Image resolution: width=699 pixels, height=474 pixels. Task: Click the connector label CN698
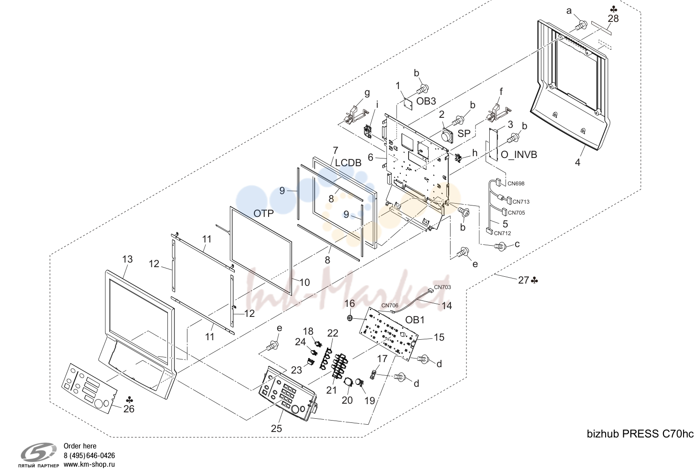(516, 184)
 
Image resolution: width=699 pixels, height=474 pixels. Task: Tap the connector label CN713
(521, 202)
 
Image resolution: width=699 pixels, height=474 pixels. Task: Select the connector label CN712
(502, 233)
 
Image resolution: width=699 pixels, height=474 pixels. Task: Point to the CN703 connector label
(442, 287)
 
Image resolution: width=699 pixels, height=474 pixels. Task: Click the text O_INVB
(519, 154)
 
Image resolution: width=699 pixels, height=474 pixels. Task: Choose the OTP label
(264, 213)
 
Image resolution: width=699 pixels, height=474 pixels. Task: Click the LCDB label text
(348, 163)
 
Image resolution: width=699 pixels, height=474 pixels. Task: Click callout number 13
(127, 259)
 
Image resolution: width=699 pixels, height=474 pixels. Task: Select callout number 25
(276, 428)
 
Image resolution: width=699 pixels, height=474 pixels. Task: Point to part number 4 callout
(578, 163)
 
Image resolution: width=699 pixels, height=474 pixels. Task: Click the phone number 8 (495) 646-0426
(89, 456)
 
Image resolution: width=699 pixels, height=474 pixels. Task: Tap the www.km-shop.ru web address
(89, 464)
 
